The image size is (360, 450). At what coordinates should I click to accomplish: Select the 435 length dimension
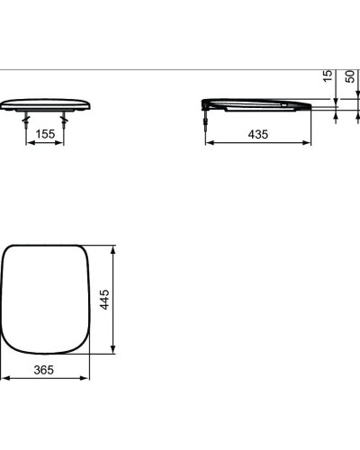coord(258,134)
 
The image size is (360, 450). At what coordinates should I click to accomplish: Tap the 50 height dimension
coord(349,77)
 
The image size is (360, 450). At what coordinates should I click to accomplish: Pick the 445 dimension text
coord(105,298)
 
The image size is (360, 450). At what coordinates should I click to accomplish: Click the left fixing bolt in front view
coord(25,118)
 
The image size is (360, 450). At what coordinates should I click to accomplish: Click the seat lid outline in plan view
coord(48,298)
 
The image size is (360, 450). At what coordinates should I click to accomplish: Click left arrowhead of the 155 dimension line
coord(28,142)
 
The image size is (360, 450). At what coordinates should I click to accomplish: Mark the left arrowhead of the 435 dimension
coord(210,142)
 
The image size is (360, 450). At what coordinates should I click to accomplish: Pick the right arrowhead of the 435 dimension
coord(309,142)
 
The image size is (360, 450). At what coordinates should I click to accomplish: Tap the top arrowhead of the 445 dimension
coord(113,247)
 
